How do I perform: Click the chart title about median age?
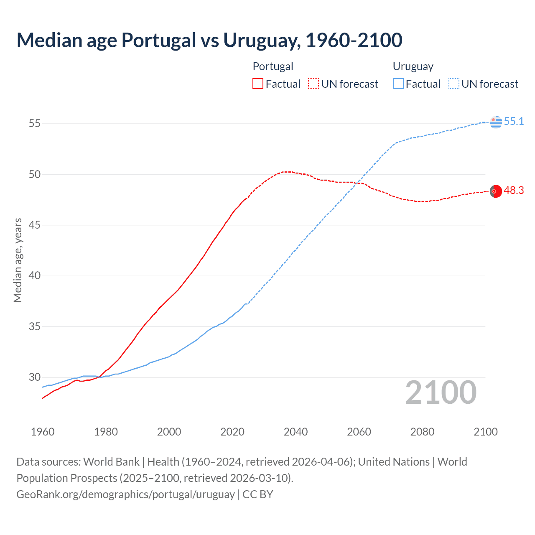coord(209,40)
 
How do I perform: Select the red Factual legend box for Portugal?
coord(258,84)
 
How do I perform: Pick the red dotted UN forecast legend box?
coord(313,84)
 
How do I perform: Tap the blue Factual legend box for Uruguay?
coord(398,84)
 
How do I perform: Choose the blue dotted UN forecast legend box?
coord(453,84)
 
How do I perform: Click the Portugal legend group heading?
coord(273,66)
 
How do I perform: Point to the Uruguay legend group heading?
coord(413,66)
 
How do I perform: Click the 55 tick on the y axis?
coord(34,124)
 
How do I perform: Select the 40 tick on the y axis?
coord(34,276)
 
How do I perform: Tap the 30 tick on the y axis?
coord(34,377)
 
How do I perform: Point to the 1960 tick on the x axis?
coord(43,432)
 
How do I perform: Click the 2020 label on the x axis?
coord(232,432)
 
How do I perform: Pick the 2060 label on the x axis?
coord(359,432)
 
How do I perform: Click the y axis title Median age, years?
coord(18,260)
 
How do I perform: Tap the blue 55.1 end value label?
coord(514,122)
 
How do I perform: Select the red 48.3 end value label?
coord(514,191)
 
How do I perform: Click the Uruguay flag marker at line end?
coord(496,122)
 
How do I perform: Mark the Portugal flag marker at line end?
coord(496,191)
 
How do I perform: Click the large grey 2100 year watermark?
coord(441,392)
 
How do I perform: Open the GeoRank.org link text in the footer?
coord(125,494)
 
